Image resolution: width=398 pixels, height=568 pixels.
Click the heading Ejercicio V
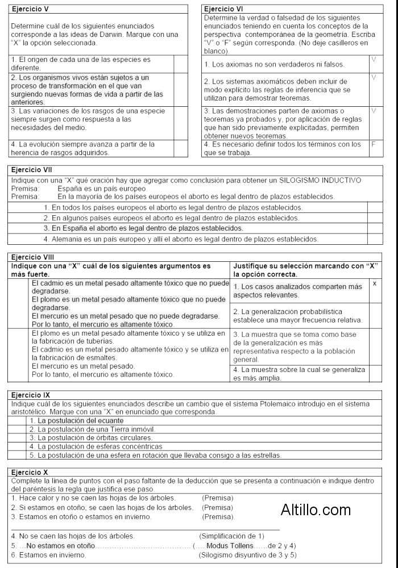[29, 9]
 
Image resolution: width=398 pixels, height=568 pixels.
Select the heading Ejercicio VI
[223, 9]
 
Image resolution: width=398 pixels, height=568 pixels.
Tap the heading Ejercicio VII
[32, 169]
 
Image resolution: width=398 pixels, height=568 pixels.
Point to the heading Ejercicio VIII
[33, 257]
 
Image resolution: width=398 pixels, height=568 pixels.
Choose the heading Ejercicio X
[30, 472]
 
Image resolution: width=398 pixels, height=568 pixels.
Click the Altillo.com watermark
[316, 509]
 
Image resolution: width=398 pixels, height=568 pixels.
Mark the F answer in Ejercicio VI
[374, 145]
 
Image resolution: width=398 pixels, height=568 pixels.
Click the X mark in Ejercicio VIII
[374, 283]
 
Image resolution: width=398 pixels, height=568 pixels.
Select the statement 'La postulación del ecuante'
[76, 421]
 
